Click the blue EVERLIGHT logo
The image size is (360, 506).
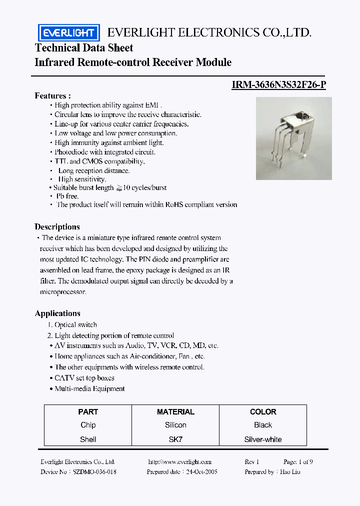pos(69,33)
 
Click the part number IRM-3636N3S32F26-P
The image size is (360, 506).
pos(278,84)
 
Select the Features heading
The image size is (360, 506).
pos(52,95)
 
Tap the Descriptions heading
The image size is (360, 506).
pos(57,226)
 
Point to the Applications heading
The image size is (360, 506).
pos(57,313)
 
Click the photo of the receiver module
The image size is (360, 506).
pos(293,138)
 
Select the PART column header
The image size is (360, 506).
pos(88,412)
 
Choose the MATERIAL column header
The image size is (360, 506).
pos(175,412)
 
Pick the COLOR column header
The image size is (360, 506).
pos(263,412)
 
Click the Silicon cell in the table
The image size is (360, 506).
pos(175,425)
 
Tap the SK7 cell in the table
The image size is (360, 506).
pos(175,439)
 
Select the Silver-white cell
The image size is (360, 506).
pos(263,439)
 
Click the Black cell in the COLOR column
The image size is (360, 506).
pos(263,425)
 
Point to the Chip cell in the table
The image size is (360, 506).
pos(88,425)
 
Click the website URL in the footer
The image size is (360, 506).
pos(180,462)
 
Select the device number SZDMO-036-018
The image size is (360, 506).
pos(94,471)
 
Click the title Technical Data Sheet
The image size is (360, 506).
pos(84,48)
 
